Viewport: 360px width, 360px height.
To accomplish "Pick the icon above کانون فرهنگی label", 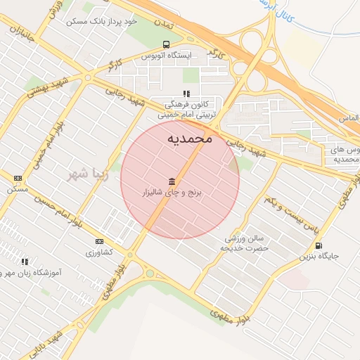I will point(186,94).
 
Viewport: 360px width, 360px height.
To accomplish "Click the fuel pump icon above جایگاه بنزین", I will point(320,245).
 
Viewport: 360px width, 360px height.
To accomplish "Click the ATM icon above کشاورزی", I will point(98,241).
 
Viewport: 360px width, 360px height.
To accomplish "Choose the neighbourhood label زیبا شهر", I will point(86,173).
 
